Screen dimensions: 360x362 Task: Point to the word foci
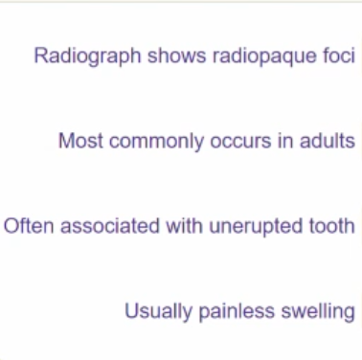(x=337, y=56)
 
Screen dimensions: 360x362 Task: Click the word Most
(x=79, y=141)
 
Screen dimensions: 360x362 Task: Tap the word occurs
(x=227, y=141)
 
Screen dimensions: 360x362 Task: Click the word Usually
(x=156, y=312)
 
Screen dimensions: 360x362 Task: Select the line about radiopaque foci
(x=194, y=56)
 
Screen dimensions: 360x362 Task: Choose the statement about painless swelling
(x=239, y=312)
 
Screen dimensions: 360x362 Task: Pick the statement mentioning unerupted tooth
(x=179, y=227)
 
